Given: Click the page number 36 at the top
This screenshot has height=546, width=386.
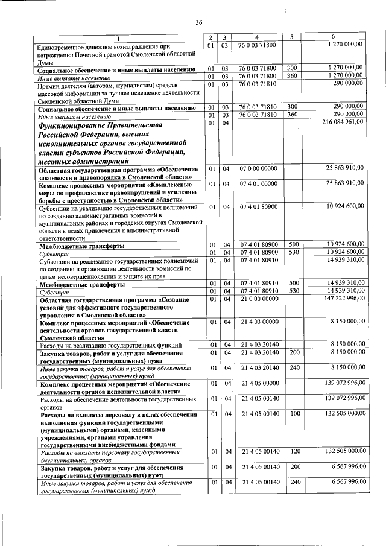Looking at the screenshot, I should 198,23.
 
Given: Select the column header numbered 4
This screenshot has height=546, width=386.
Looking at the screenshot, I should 256,37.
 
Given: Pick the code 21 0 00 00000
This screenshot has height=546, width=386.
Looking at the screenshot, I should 258,298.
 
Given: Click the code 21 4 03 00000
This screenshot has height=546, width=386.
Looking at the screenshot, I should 258,323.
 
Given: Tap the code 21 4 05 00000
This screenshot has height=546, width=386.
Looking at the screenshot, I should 258,383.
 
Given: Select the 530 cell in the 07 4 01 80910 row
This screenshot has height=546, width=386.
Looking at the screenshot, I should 294,291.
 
